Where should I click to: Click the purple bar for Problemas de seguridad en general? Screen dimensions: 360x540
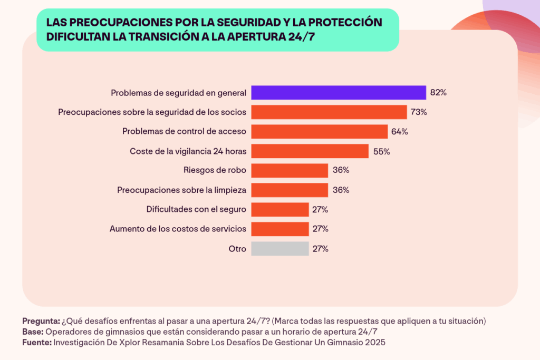pyautogui.click(x=338, y=93)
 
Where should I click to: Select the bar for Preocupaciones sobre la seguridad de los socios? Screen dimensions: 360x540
pyautogui.click(x=329, y=112)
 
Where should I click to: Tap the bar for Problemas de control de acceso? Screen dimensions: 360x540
pyautogui.click(x=319, y=132)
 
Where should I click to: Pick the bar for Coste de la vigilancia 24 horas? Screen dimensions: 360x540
pyautogui.click(x=310, y=151)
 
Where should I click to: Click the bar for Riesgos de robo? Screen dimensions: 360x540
pyautogui.click(x=290, y=170)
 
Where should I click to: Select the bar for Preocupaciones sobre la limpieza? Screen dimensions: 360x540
pyautogui.click(x=290, y=190)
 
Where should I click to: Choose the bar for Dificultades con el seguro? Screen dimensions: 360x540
pyautogui.click(x=279, y=209)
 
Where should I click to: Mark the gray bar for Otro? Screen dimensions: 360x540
pyautogui.click(x=279, y=249)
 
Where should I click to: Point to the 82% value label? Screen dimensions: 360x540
pyautogui.click(x=438, y=93)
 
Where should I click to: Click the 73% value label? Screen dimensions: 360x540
pyautogui.click(x=419, y=112)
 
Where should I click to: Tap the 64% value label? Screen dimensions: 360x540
pyautogui.click(x=399, y=132)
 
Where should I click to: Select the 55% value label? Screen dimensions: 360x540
pyautogui.click(x=381, y=151)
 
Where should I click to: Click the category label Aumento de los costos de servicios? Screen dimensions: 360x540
pyautogui.click(x=178, y=229)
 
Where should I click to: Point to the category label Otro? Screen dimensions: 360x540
pyautogui.click(x=237, y=249)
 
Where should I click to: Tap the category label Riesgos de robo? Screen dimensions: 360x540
pyautogui.click(x=215, y=170)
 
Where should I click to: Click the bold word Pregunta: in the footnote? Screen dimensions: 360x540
pyautogui.click(x=41, y=321)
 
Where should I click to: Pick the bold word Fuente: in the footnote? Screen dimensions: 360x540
pyautogui.click(x=37, y=343)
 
